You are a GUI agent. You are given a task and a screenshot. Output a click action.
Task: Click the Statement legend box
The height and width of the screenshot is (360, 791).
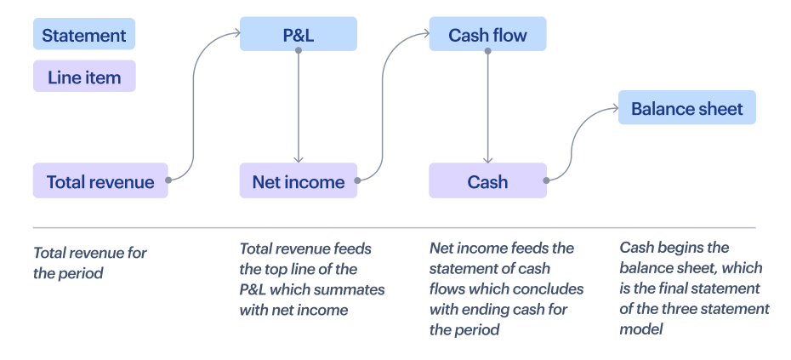[83, 36]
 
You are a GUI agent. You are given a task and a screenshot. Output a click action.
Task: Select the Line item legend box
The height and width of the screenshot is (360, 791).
[83, 77]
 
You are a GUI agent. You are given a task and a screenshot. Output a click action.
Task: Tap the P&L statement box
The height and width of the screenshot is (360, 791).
[298, 35]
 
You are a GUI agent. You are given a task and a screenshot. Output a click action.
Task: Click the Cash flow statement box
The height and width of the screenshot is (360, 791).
[487, 35]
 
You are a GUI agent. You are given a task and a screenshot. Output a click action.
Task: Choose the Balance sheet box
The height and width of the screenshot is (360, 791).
[686, 109]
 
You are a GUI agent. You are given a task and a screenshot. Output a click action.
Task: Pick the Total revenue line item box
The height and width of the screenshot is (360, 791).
[100, 181]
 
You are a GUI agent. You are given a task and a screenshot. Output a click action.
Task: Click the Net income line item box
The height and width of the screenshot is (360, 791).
[298, 181]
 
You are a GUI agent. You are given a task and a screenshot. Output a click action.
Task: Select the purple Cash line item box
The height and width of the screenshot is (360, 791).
[487, 181]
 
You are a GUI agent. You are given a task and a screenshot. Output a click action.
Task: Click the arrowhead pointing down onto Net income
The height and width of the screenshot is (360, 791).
[298, 159]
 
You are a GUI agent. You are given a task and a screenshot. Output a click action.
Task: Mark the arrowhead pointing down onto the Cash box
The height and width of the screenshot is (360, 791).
[487, 159]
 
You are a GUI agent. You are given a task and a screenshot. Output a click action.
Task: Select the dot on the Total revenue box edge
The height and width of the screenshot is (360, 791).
[168, 180]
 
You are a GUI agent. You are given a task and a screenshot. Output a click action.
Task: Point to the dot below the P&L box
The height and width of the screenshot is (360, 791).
[298, 51]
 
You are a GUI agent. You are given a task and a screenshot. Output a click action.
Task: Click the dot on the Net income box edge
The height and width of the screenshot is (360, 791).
[358, 180]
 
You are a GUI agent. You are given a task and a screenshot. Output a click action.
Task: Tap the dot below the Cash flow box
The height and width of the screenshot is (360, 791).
[487, 51]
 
